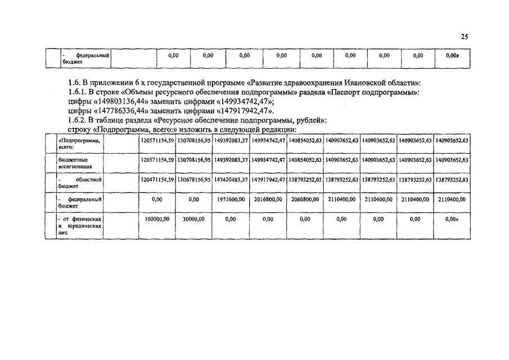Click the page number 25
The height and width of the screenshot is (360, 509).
click(464, 37)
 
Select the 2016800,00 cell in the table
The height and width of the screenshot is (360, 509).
click(267, 199)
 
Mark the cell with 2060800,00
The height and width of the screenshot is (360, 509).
click(304, 199)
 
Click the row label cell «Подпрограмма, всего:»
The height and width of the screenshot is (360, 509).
click(79, 143)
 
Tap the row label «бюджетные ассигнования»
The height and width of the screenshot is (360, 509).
click(79, 163)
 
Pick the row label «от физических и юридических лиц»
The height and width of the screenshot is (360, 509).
click(79, 225)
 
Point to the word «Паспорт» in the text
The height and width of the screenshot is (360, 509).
click(359, 92)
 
